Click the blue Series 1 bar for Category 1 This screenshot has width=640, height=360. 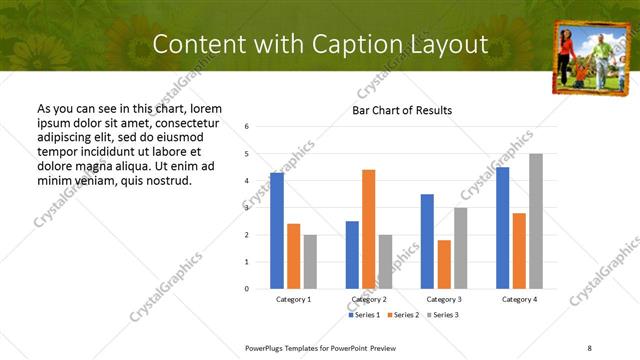click(x=277, y=231)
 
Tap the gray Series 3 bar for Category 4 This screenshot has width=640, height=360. click(x=536, y=221)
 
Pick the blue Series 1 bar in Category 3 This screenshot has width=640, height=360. click(x=427, y=241)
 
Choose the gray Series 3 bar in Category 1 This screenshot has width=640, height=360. click(x=310, y=262)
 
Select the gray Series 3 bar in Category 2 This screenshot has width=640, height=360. click(x=385, y=262)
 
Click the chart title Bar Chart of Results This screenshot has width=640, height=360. click(x=402, y=110)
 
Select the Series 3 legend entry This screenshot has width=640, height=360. click(x=446, y=315)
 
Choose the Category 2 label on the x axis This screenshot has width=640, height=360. click(x=368, y=299)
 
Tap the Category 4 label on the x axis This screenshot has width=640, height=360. click(x=519, y=299)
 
